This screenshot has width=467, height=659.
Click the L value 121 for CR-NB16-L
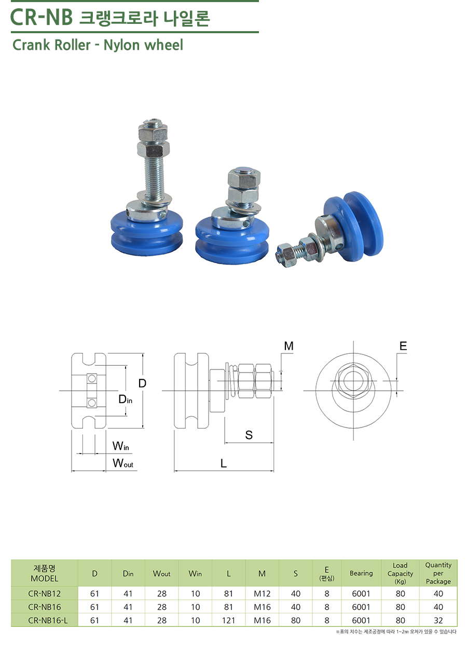(x=228, y=621)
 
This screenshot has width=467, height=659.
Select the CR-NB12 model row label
(x=45, y=594)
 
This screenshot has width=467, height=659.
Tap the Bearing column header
(x=361, y=573)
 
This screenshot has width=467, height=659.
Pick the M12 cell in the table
(x=262, y=594)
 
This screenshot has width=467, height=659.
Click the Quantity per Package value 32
(x=438, y=621)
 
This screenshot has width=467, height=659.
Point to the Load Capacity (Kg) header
(x=400, y=573)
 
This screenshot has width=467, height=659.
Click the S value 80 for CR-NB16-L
(x=295, y=621)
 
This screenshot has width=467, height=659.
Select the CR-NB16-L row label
(x=48, y=621)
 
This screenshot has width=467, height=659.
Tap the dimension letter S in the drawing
(x=249, y=435)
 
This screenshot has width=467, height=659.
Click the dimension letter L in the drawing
(x=224, y=464)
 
